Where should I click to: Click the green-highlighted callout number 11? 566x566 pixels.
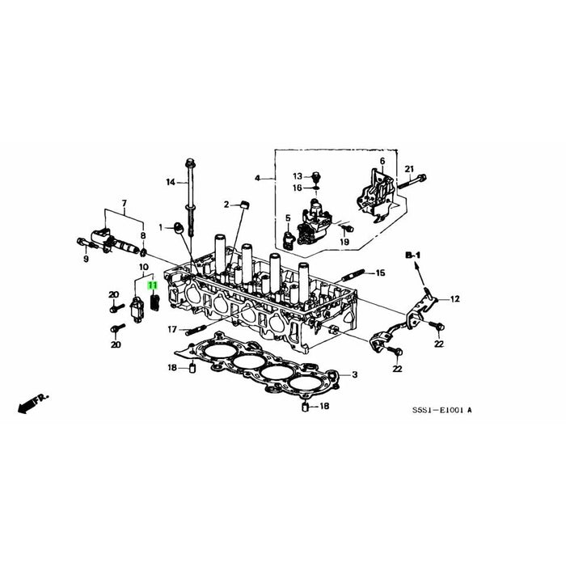(153, 285)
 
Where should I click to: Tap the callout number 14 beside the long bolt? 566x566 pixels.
(171, 182)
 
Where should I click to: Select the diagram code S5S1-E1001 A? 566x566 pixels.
(442, 410)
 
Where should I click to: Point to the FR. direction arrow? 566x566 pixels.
(32, 403)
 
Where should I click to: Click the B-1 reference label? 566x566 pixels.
(413, 256)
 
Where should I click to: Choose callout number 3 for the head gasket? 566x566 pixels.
(355, 374)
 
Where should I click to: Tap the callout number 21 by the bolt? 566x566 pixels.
(409, 169)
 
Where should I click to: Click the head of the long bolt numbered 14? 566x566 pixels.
(189, 163)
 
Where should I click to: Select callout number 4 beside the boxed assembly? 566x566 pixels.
(257, 179)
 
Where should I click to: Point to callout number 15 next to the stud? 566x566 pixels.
(381, 273)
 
